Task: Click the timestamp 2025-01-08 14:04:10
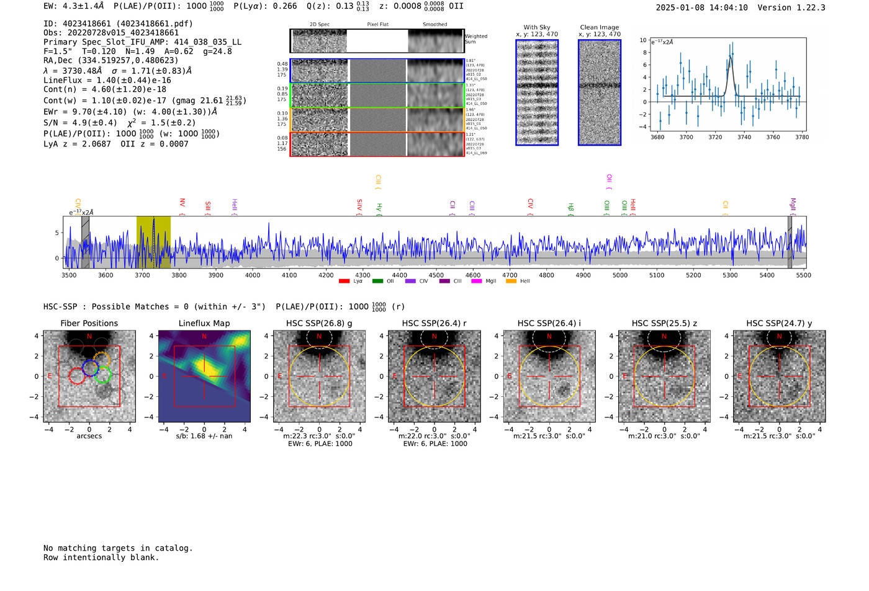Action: coord(701,7)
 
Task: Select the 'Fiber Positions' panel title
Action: coord(89,323)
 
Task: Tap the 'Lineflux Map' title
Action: coord(204,323)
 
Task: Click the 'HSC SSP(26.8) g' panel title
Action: coord(319,323)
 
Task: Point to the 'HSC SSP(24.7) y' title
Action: coord(779,323)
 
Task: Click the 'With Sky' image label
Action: coord(537,27)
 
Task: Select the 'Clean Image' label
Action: coord(599,27)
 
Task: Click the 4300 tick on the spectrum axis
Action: coord(362,275)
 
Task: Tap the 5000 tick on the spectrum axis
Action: coord(619,275)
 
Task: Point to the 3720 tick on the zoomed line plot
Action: coord(715,137)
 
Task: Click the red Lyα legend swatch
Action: coord(344,282)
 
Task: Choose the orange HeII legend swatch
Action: coord(511,282)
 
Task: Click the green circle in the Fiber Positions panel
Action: coord(102,375)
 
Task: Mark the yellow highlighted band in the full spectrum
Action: coord(153,242)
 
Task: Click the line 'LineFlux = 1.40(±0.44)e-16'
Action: coord(107,80)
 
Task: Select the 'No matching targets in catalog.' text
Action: coord(118,548)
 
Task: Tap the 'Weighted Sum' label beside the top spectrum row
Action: coord(476,39)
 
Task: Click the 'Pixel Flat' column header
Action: coord(377,24)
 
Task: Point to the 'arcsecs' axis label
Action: coord(89,436)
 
